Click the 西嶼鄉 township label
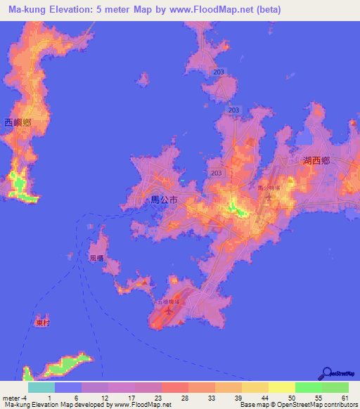click(18, 122)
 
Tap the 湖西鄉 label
click(316, 161)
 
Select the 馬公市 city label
click(165, 200)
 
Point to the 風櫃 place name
click(96, 259)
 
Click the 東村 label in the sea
click(43, 323)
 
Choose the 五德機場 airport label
click(168, 302)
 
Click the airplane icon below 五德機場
click(168, 312)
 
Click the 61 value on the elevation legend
click(345, 398)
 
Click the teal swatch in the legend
click(41, 387)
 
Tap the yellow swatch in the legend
click(282, 387)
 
